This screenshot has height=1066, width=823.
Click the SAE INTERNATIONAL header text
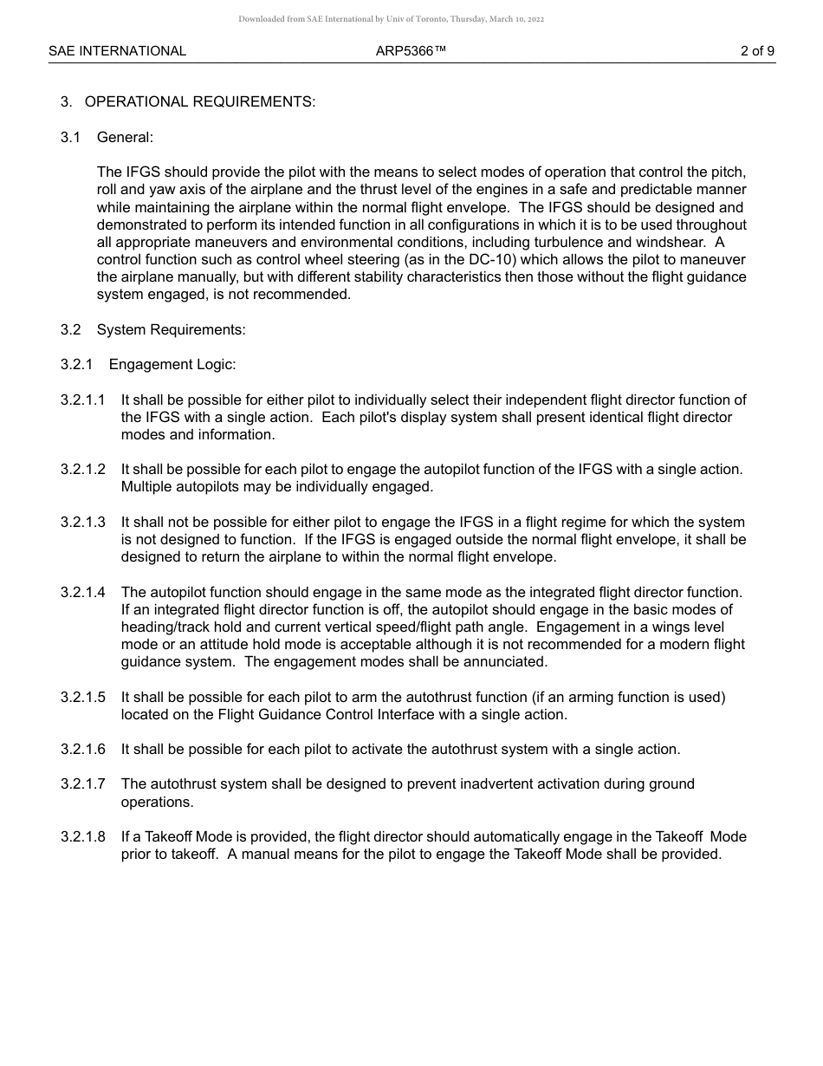pyautogui.click(x=117, y=51)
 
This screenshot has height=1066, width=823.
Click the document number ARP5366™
pyautogui.click(x=411, y=51)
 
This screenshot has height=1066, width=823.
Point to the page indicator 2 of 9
pyautogui.click(x=757, y=51)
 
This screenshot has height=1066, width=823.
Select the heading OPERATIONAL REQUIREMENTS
pyautogui.click(x=200, y=102)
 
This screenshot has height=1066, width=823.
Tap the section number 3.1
pyautogui.click(x=70, y=137)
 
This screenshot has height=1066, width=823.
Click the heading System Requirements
pyautogui.click(x=171, y=329)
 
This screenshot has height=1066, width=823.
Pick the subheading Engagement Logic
pyautogui.click(x=172, y=364)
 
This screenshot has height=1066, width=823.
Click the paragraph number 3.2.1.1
pyautogui.click(x=83, y=400)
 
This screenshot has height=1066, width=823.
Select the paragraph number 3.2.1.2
pyautogui.click(x=83, y=469)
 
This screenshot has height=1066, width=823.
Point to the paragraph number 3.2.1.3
pyautogui.click(x=83, y=522)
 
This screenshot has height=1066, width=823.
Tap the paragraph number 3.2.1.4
pyautogui.click(x=83, y=592)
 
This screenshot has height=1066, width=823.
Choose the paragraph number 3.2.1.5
pyautogui.click(x=83, y=697)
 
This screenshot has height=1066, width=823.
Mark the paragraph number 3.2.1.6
pyautogui.click(x=83, y=749)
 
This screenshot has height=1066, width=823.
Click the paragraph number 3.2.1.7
pyautogui.click(x=83, y=783)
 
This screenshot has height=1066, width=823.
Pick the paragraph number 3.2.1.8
pyautogui.click(x=83, y=836)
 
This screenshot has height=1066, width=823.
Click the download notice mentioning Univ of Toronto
pyautogui.click(x=392, y=19)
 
